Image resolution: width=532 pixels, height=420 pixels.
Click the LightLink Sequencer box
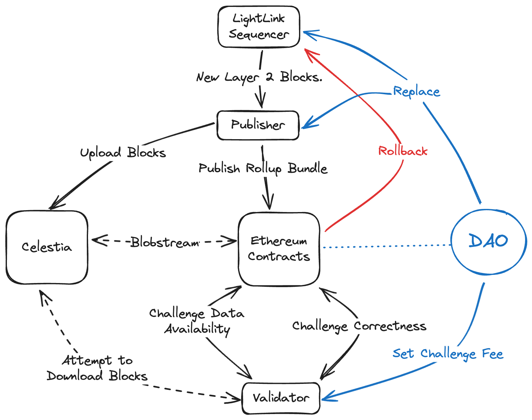pyautogui.click(x=259, y=27)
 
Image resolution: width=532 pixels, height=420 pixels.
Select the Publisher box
pyautogui.click(x=258, y=125)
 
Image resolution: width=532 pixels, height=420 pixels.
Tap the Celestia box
pyautogui.click(x=47, y=247)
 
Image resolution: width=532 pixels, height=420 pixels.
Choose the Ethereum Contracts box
pyautogui.click(x=279, y=249)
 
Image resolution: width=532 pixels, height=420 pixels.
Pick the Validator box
pyautogui.click(x=281, y=398)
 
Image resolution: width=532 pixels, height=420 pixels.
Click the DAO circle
pyautogui.click(x=488, y=242)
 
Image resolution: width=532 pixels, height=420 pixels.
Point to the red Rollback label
pyautogui.click(x=403, y=151)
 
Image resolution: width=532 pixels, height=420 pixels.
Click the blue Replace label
pyautogui.click(x=417, y=92)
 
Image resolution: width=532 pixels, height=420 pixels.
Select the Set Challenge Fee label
pyautogui.click(x=448, y=354)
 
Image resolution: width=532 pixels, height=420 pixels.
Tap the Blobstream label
pyautogui.click(x=165, y=242)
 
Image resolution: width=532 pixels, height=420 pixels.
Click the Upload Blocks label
pyautogui.click(x=123, y=153)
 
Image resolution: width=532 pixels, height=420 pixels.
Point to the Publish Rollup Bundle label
pyautogui.click(x=263, y=169)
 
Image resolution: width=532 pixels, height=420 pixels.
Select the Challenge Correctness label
pyautogui.click(x=359, y=326)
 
